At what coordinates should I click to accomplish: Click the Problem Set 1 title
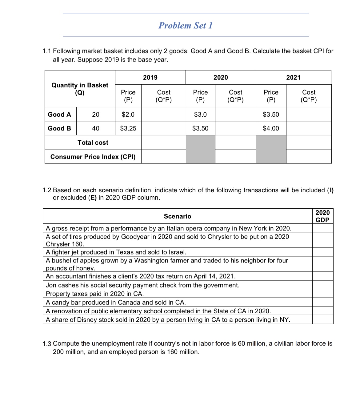tap(186, 26)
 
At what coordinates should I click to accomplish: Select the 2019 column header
tap(150, 78)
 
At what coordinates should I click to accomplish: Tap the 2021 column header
tap(293, 78)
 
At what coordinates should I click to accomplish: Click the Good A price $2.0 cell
tap(128, 114)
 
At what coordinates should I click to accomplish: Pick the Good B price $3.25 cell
tap(128, 128)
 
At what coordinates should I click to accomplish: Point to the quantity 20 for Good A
tap(96, 114)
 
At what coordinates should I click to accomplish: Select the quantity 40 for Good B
tap(96, 128)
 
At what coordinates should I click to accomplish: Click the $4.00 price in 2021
tap(271, 128)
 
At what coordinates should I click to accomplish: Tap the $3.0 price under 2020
tap(200, 114)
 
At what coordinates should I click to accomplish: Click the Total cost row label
tap(93, 142)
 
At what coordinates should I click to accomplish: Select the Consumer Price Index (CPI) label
tap(93, 157)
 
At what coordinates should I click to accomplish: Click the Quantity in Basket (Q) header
tap(80, 89)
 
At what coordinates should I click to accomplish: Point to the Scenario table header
tap(178, 216)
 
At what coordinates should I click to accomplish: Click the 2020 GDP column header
tap(322, 216)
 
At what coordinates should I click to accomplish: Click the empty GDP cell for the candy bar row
tap(322, 302)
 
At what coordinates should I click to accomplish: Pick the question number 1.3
tap(47, 344)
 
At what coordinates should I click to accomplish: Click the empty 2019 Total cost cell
tap(163, 142)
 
